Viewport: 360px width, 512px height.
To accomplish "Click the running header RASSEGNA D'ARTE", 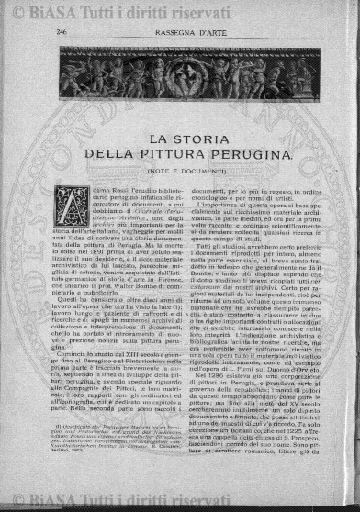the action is pos(177,31).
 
